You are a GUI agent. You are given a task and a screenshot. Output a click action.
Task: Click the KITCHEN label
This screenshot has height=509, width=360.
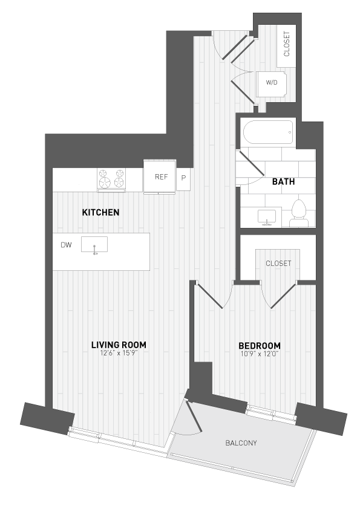click(100, 213)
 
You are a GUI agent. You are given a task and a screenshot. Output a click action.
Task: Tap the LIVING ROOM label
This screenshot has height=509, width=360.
click(119, 345)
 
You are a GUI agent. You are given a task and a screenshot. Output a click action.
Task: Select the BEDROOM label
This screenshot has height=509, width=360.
click(258, 346)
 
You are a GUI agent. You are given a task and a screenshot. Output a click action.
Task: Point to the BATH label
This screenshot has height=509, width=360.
click(283, 181)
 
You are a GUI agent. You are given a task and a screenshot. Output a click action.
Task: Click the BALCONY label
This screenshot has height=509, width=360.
click(241, 443)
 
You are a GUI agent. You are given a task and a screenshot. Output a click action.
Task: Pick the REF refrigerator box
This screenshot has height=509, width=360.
click(160, 177)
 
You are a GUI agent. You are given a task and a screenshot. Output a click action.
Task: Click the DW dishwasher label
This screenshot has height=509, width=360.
click(66, 245)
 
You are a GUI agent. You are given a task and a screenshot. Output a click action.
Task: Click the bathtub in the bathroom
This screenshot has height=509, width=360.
click(267, 131)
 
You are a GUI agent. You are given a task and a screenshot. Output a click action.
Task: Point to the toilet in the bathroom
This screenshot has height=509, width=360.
click(298, 213)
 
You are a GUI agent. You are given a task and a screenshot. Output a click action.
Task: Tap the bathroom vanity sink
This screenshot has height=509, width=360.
click(266, 216)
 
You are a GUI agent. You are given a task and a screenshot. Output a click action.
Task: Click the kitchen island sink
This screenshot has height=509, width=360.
click(94, 245)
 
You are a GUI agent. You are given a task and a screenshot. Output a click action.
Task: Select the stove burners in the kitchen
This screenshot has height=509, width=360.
click(111, 178)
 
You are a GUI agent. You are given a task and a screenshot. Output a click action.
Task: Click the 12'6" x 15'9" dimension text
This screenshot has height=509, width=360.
click(119, 354)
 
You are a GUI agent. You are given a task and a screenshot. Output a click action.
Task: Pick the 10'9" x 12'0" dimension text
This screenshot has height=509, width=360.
click(258, 354)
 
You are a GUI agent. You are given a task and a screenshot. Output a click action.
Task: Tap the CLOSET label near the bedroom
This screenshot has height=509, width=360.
click(278, 264)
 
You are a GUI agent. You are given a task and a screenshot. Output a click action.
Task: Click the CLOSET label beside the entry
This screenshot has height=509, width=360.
click(286, 44)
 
